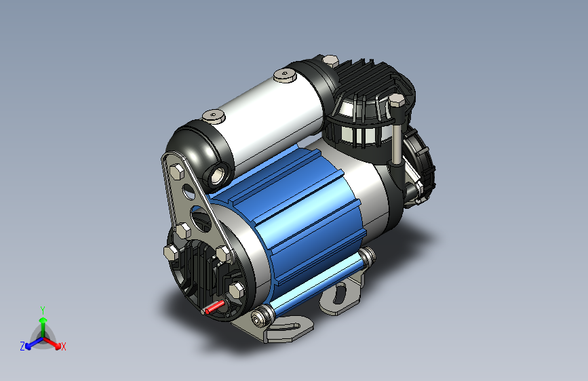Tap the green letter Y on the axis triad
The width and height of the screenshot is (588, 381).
click(x=43, y=310)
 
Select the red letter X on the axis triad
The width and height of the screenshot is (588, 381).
click(x=63, y=346)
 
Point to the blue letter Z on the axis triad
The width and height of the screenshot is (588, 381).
click(x=22, y=346)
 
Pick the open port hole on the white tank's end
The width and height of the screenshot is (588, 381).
click(x=218, y=175)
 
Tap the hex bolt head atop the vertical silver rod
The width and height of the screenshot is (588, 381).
click(x=396, y=100)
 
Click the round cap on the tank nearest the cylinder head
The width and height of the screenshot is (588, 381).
click(x=285, y=75)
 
